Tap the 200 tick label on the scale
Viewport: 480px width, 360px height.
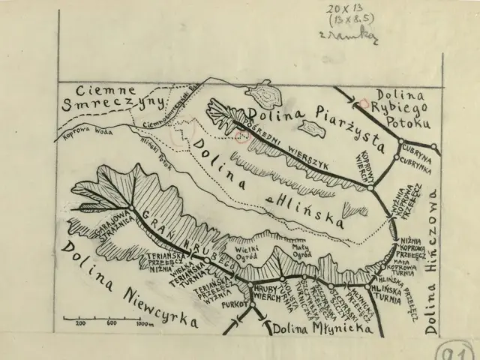click(80, 323)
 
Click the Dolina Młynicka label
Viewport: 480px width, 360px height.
click(308, 328)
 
